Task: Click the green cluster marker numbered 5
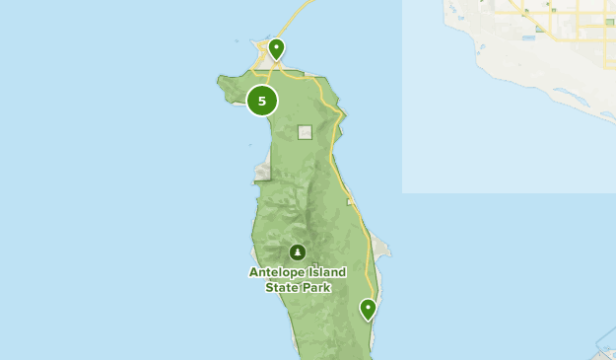coord(261,100)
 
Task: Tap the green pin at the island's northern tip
coord(277,48)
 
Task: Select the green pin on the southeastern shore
coord(368,309)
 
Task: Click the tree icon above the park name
coord(298,252)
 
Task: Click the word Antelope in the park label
coord(283,273)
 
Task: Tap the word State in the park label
coord(282,288)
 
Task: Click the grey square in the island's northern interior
coord(305,132)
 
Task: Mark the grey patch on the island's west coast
coord(262,172)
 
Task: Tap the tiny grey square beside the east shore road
coord(350,201)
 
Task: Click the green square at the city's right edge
coord(554,11)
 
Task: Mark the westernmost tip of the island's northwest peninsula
coord(219,77)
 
